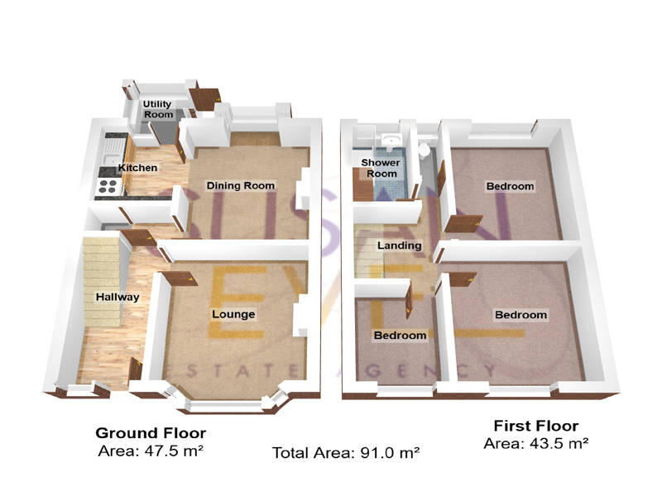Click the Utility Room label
157,109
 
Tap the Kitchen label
137,168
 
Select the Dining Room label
240,185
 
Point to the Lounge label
233,314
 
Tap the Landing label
399,246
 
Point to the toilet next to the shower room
424,150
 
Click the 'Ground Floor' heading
151,432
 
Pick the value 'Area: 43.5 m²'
535,443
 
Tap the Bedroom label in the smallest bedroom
400,336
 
